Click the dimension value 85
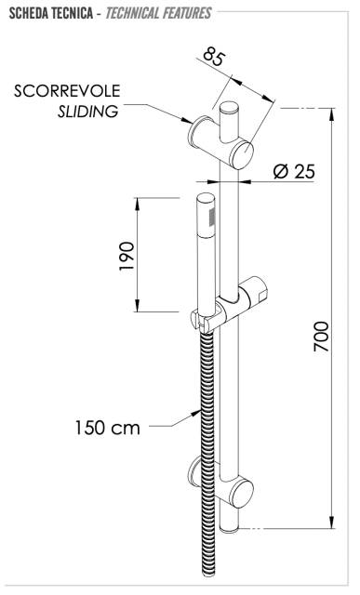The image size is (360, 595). (x=214, y=56)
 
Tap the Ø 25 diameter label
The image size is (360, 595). (x=294, y=171)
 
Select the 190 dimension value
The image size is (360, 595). (x=127, y=256)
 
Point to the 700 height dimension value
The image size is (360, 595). (x=321, y=337)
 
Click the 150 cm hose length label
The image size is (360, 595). (x=108, y=428)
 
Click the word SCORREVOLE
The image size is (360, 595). (x=67, y=91)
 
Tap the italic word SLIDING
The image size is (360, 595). (x=88, y=112)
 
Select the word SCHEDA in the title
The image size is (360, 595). (x=27, y=14)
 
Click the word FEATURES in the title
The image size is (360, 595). (x=186, y=14)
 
